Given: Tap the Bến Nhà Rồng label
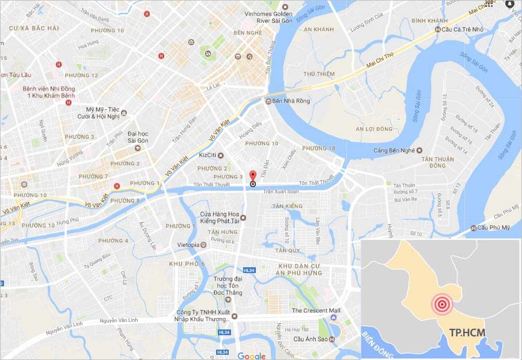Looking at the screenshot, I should coord(291,101).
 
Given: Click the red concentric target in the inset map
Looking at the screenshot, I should coord(442,304).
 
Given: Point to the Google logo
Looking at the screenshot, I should coord(251,356).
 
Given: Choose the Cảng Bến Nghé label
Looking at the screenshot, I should coord(394,150).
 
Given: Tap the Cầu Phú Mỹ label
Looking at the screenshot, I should coord(494,228).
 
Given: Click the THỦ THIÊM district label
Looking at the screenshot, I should coord(319,74).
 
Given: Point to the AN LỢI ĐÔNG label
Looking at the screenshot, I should coord(377,128).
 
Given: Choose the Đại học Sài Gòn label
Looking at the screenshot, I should coord(138,137).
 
